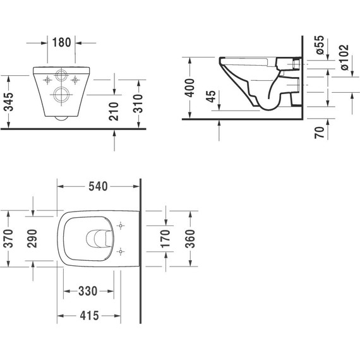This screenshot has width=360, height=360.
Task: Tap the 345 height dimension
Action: pyautogui.click(x=9, y=100)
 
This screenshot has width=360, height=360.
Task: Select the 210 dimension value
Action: pyautogui.click(x=114, y=111)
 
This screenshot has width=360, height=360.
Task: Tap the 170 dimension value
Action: pyautogui.click(x=165, y=238)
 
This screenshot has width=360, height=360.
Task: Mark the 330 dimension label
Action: pyautogui.click(x=88, y=292)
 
